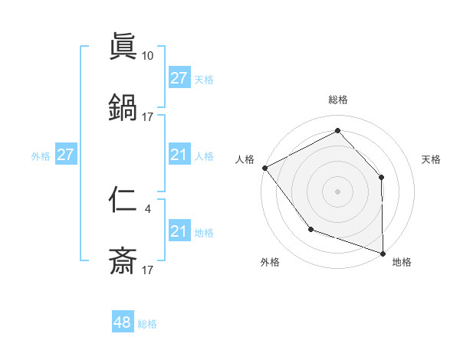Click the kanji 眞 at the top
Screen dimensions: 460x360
point(122,47)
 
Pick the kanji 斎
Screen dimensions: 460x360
point(122,261)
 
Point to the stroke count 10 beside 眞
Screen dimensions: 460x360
point(148,56)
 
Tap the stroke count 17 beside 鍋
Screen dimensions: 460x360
point(148,116)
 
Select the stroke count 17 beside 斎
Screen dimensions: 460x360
point(148,270)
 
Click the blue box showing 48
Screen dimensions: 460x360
point(123,322)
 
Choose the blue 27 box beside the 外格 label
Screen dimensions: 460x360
point(65,155)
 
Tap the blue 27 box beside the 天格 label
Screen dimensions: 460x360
point(179,78)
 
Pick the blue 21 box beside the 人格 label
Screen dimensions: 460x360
point(179,155)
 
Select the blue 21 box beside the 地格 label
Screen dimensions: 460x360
point(179,231)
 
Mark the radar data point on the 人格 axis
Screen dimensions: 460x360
point(264,168)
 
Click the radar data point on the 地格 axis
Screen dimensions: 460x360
point(383,253)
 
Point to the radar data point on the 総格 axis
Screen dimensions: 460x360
point(337,131)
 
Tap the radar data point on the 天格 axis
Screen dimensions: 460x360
point(382,177)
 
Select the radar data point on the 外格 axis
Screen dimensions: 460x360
point(310,229)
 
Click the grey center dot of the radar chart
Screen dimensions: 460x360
point(337,191)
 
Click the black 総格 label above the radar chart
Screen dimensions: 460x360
point(337,100)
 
